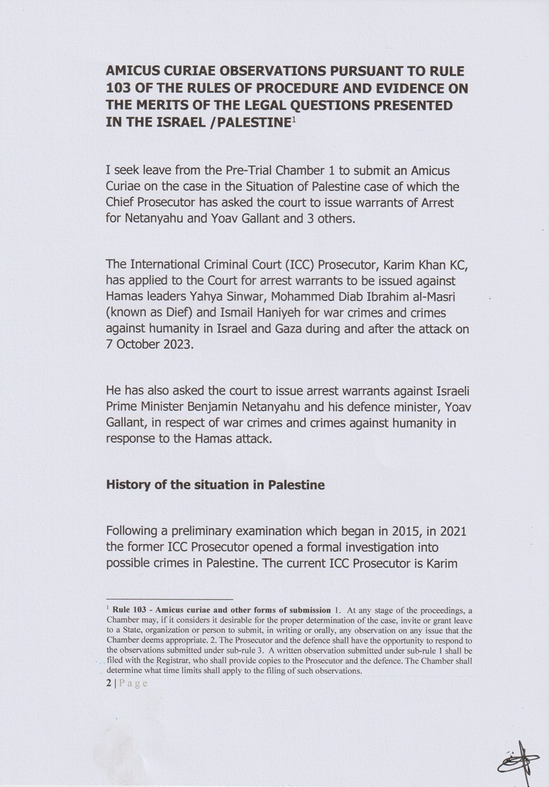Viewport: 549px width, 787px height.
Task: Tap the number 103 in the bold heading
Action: click(x=119, y=89)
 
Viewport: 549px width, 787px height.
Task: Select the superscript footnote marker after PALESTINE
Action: click(x=294, y=120)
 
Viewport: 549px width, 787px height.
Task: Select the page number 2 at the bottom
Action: click(x=109, y=683)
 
